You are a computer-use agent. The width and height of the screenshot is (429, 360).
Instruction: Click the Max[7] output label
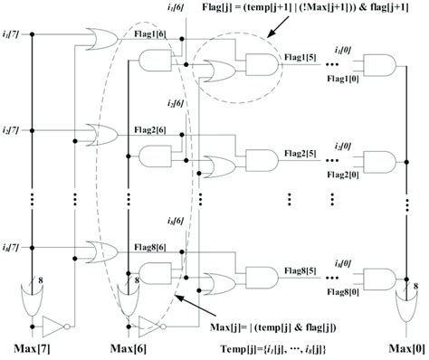[x=35, y=347]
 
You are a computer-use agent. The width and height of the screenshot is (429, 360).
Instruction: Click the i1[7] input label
[x=13, y=35]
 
